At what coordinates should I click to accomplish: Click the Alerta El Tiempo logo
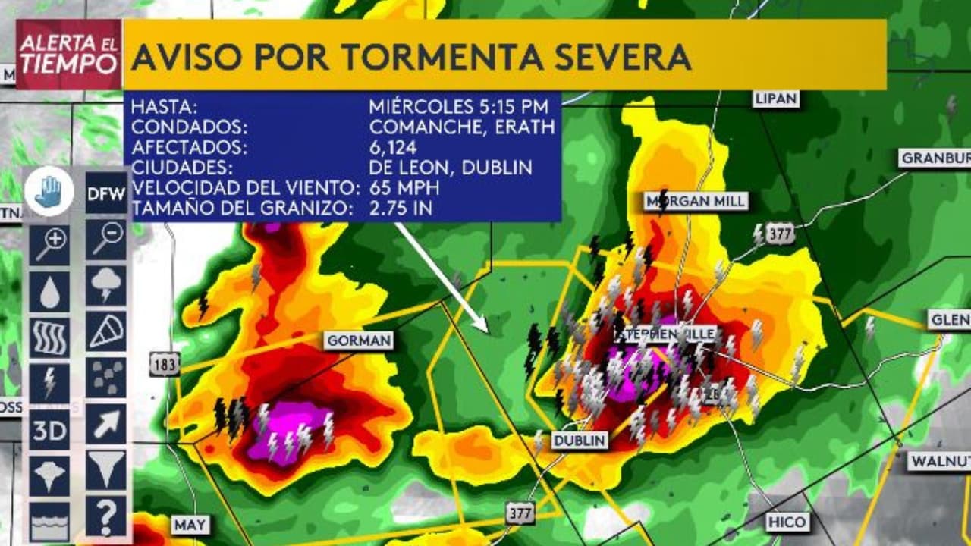pyautogui.click(x=68, y=55)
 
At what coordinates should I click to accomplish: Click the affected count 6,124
pyautogui.click(x=392, y=147)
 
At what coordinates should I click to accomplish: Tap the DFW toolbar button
pyautogui.click(x=105, y=193)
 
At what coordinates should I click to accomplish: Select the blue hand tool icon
pyautogui.click(x=49, y=193)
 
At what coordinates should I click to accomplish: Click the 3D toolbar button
pyautogui.click(x=49, y=431)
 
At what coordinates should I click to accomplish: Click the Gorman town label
pyautogui.click(x=359, y=340)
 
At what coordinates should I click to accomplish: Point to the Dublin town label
pyautogui.click(x=580, y=441)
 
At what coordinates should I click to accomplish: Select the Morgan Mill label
pyautogui.click(x=696, y=201)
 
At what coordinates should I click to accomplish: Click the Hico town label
pyautogui.click(x=787, y=522)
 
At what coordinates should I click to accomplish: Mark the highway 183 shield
pyautogui.click(x=164, y=364)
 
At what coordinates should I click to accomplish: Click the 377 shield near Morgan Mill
pyautogui.click(x=779, y=234)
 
